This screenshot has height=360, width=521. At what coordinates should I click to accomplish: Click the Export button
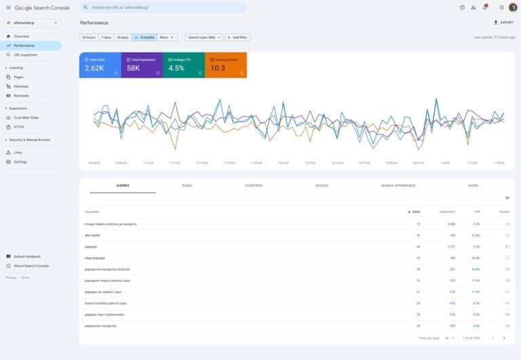(x=503, y=22)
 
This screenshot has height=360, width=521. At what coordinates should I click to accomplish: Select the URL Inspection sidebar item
(x=26, y=55)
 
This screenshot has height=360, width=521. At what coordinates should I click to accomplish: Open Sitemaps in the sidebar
(x=21, y=86)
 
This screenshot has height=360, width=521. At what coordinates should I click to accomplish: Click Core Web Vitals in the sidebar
(x=26, y=117)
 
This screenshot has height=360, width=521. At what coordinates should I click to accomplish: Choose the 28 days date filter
(x=122, y=37)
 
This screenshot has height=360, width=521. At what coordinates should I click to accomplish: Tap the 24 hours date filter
(x=88, y=37)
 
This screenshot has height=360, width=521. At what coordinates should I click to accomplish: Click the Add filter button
(x=237, y=37)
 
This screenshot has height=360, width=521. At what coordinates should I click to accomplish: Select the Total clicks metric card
(x=100, y=65)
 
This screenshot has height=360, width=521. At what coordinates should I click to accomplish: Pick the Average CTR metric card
(x=183, y=65)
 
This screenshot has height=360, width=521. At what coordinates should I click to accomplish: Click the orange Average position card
(x=225, y=65)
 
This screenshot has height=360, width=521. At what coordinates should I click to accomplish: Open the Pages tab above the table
(x=187, y=185)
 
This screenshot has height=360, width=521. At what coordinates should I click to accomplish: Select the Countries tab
(x=254, y=185)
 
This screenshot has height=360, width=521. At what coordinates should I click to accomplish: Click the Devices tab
(x=322, y=185)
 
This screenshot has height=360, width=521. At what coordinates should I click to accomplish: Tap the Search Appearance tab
(x=398, y=185)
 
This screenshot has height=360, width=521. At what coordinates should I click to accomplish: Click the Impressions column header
(x=447, y=212)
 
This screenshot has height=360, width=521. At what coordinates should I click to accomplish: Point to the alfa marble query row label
(x=92, y=235)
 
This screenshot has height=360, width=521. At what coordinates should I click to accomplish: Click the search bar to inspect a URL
(x=163, y=7)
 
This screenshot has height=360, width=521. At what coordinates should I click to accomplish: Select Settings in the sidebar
(x=20, y=161)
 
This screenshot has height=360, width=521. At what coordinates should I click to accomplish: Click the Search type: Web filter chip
(x=204, y=37)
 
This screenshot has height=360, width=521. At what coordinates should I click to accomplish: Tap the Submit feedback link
(x=27, y=256)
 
